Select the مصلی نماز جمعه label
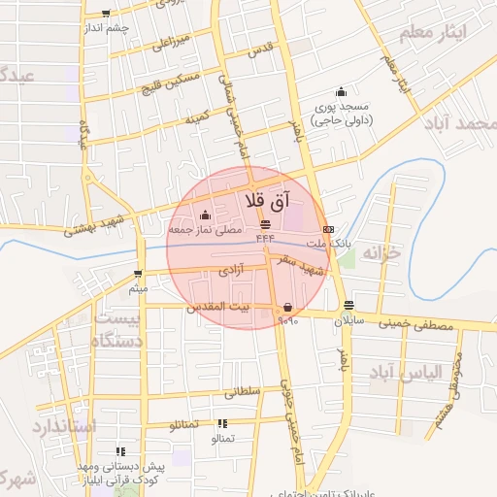204,231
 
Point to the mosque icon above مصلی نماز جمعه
204,215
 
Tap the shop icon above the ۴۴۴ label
265,224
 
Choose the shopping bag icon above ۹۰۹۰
286,307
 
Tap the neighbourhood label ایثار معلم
433,33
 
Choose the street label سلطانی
244,392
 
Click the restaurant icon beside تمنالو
222,423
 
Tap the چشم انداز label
106,28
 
